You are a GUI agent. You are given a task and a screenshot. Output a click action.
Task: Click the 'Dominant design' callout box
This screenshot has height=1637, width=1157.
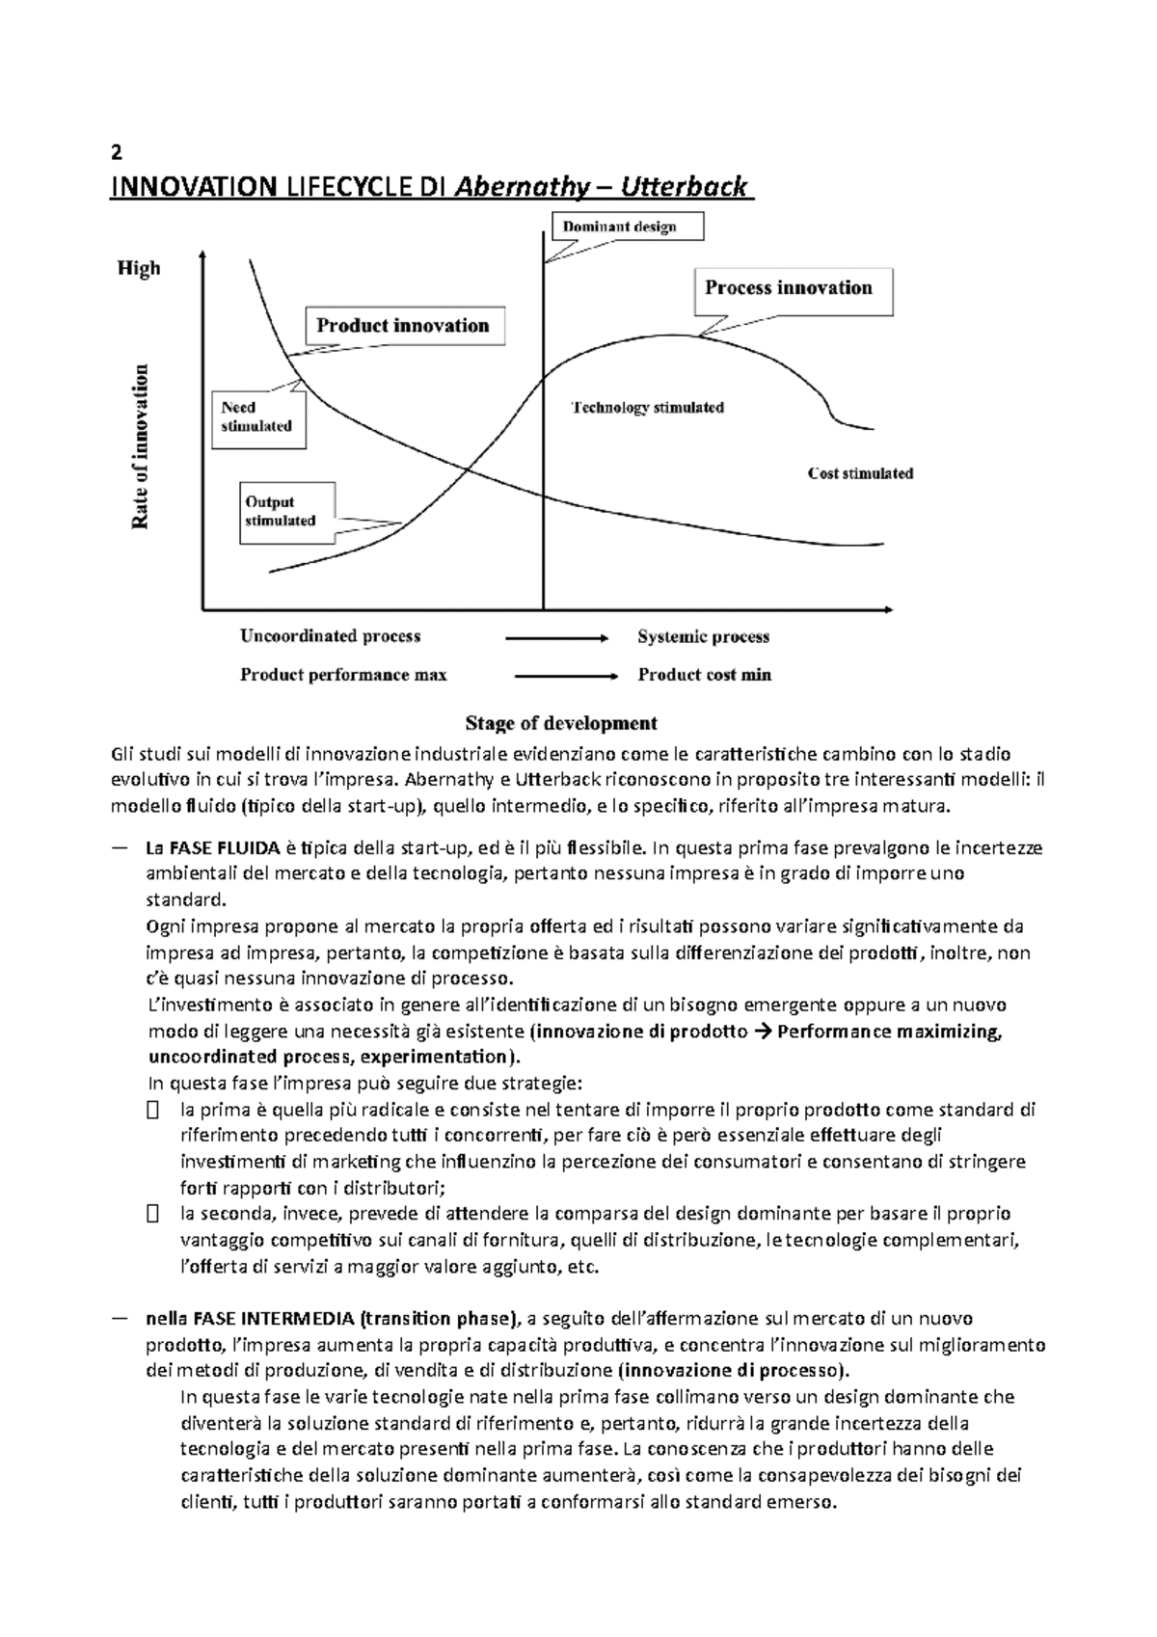coord(627,227)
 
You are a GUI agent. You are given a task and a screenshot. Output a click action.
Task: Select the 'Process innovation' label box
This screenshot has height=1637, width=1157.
coord(794,288)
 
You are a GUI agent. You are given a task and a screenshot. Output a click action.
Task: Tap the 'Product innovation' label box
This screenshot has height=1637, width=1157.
coord(404,326)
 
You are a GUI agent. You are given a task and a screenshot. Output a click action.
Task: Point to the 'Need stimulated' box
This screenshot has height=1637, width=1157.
coord(256,417)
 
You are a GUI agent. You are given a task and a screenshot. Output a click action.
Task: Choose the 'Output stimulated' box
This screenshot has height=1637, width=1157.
coord(287,512)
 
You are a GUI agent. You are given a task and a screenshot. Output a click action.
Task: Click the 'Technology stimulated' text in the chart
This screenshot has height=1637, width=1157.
coord(647,408)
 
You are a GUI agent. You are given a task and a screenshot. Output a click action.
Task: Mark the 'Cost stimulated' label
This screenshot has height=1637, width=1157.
coord(860,473)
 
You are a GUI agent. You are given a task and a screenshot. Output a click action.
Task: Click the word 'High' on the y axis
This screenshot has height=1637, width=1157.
coord(139,269)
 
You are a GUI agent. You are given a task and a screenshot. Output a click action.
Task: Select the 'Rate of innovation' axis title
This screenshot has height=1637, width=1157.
coord(141,445)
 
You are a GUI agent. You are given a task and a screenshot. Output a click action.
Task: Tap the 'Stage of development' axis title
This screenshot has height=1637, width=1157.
coord(561,723)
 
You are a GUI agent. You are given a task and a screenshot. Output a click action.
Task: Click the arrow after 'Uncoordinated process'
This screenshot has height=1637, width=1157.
coord(557,638)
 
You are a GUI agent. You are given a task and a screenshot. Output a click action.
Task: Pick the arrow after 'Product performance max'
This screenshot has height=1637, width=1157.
coord(566,677)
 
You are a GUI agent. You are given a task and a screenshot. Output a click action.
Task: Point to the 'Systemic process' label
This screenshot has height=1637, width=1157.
coord(703,637)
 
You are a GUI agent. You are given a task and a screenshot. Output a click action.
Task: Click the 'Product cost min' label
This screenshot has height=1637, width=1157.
coord(704,676)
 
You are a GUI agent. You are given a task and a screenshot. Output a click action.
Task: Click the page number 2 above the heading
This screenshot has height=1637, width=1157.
coord(117,154)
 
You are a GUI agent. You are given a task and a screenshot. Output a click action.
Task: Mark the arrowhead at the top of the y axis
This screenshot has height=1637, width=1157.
coord(202,254)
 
